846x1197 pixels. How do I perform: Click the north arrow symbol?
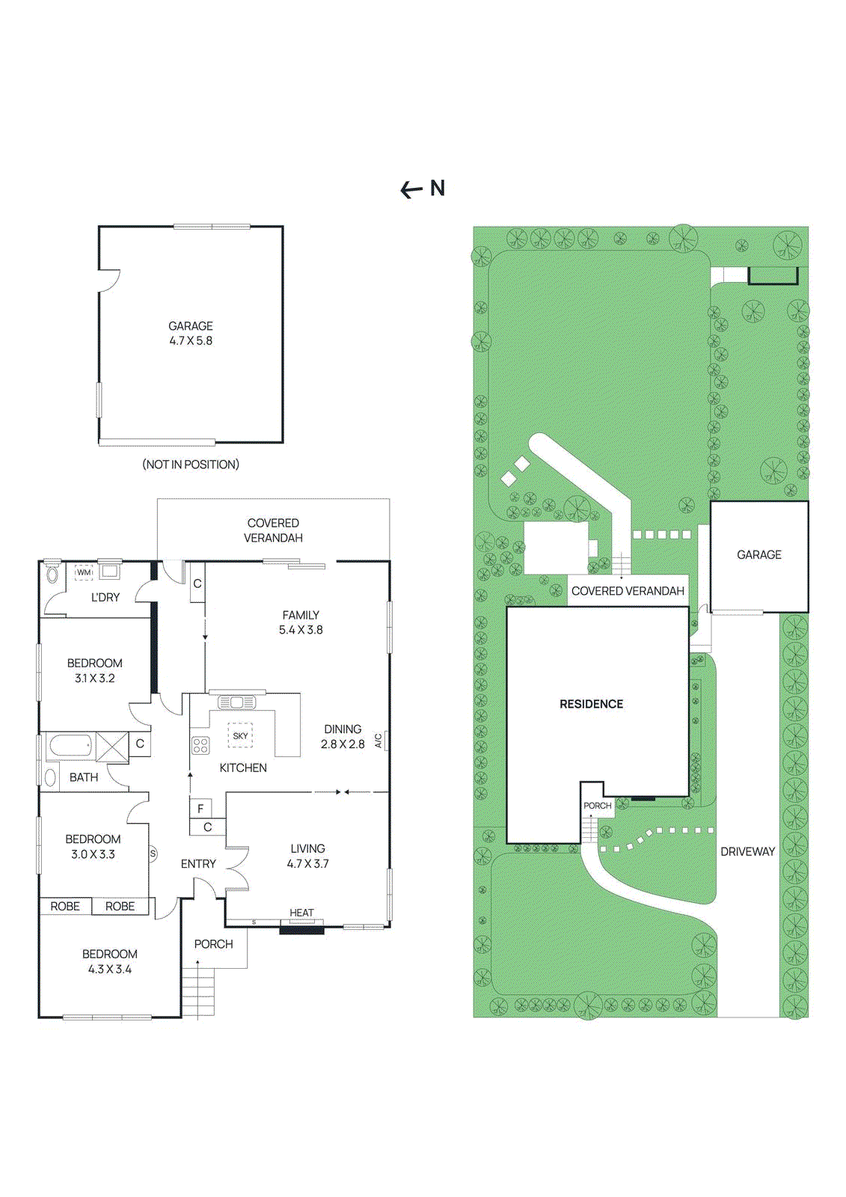[411, 190]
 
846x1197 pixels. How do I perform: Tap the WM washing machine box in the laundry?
[84, 572]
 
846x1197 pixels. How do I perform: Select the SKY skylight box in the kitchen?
[240, 735]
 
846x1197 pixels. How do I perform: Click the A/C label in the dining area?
[378, 741]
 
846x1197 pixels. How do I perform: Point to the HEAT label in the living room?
[301, 913]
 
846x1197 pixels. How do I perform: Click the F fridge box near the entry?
[200, 809]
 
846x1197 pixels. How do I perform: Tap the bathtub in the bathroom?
[71, 746]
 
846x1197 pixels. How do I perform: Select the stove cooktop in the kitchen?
[200, 745]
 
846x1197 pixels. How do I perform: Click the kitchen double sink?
[237, 702]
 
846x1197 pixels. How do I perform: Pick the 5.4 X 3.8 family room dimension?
[301, 630]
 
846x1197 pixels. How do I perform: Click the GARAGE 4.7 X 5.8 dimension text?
[191, 340]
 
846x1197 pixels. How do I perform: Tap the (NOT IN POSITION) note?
[191, 465]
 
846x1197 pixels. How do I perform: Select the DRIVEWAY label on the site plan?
[747, 851]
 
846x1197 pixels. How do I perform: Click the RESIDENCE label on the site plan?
[591, 704]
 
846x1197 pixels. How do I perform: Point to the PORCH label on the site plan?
[597, 806]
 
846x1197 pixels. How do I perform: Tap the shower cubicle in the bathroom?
[112, 747]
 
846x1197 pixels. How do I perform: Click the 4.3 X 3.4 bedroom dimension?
[110, 969]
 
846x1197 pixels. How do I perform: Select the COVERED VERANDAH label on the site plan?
[628, 591]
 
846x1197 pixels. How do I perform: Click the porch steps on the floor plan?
[198, 992]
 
